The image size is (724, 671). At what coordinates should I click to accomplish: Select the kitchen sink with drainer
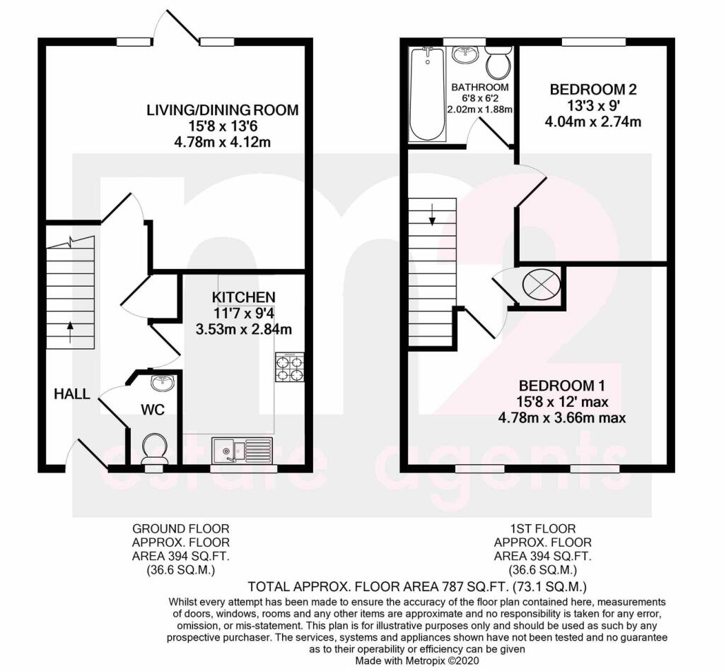tap(241, 449)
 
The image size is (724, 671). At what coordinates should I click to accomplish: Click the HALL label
tap(72, 394)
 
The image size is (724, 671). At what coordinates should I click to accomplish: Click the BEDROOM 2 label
tap(593, 90)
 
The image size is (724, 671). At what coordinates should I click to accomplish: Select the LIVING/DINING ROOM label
tap(222, 110)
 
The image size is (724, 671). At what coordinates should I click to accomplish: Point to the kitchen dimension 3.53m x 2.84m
tap(245, 328)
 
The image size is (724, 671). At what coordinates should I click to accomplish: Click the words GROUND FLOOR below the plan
tap(181, 528)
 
